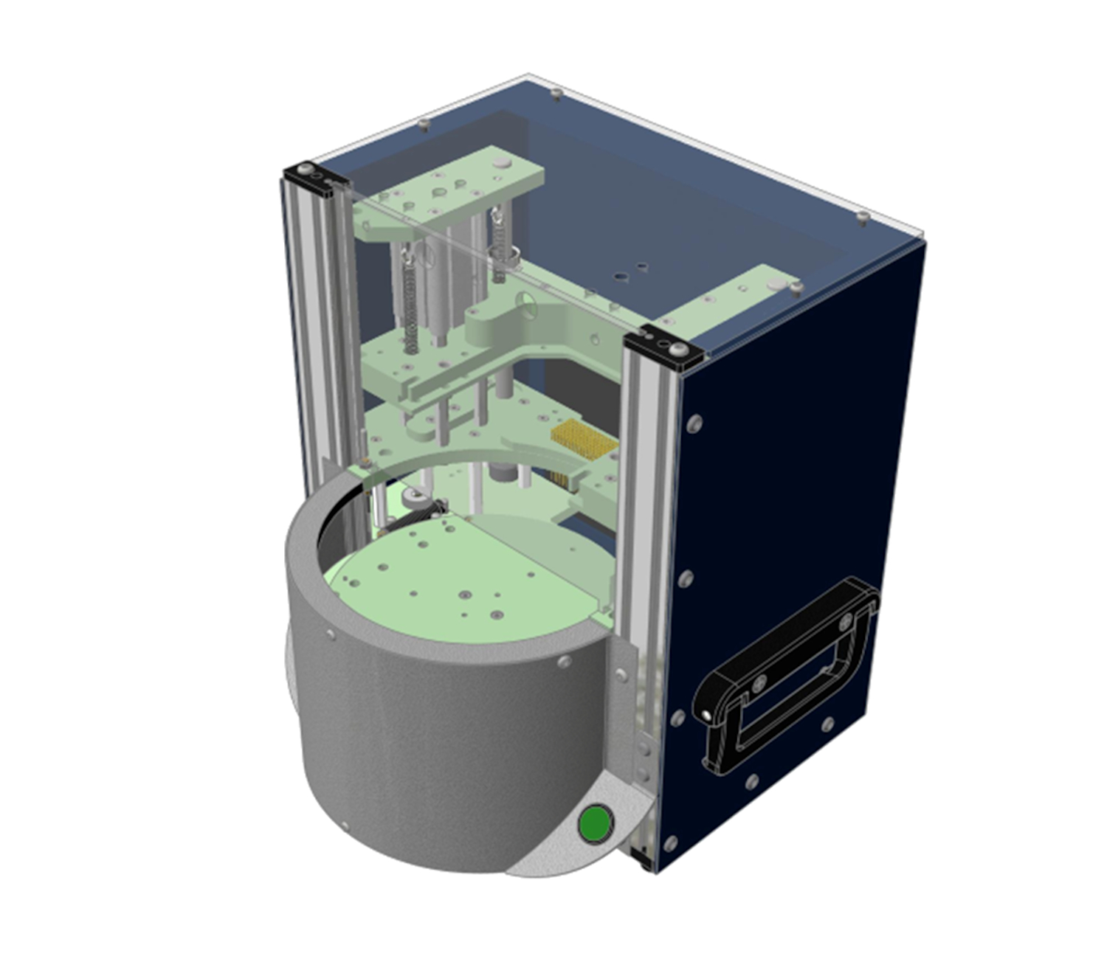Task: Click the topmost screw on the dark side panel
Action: pos(694,423)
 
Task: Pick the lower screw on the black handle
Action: pos(707,715)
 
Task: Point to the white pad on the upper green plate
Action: pos(500,160)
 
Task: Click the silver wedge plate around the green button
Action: pos(561,848)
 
